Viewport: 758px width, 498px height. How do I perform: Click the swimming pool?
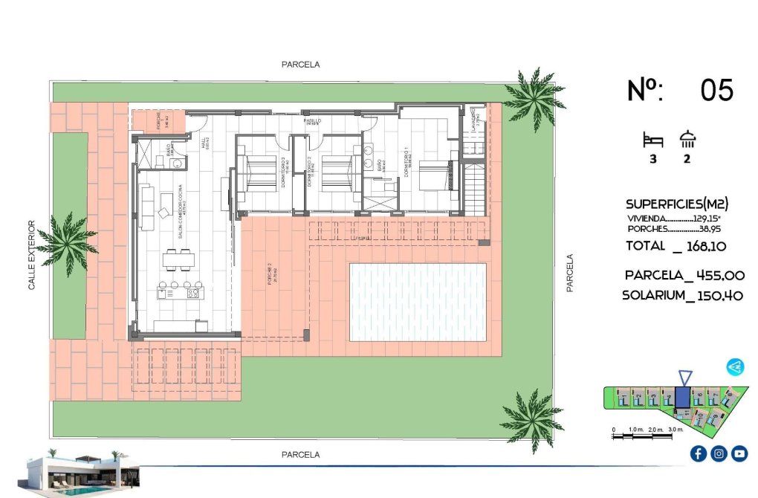pyautogui.click(x=418, y=302)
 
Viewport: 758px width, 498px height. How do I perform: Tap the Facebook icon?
pyautogui.click(x=698, y=453)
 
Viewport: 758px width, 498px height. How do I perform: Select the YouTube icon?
pyautogui.click(x=739, y=453)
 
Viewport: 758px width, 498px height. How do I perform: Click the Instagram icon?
pyautogui.click(x=719, y=453)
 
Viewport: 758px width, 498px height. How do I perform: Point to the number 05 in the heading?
pyautogui.click(x=716, y=91)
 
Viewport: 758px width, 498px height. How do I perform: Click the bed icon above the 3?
pyautogui.click(x=652, y=140)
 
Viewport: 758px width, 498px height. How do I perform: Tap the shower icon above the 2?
pyautogui.click(x=687, y=140)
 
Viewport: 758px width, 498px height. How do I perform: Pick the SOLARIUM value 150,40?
pyautogui.click(x=715, y=296)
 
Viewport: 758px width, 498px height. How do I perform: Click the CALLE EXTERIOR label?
pyautogui.click(x=32, y=254)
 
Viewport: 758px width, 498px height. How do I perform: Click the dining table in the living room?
pyautogui.click(x=178, y=260)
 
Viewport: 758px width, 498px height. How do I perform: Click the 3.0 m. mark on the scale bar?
pyautogui.click(x=675, y=430)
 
